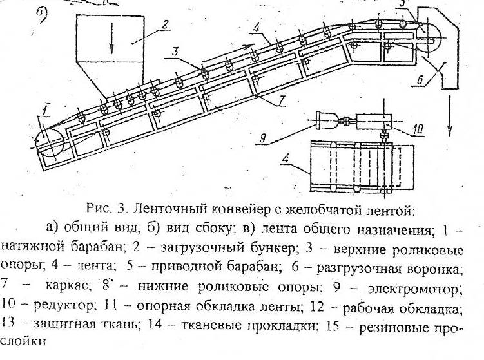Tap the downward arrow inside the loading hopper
tap(112, 43)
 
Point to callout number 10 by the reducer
tap(417, 129)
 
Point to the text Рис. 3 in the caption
tap(101, 209)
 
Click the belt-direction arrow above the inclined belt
tap(229, 53)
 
